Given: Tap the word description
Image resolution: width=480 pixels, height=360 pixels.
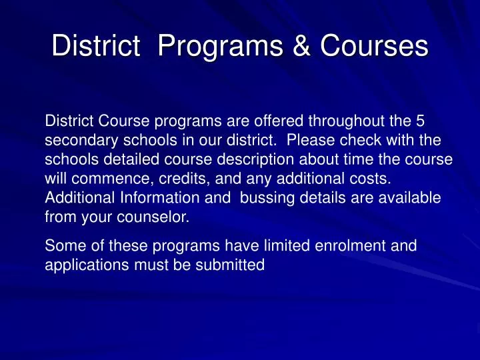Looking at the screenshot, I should tap(251, 161).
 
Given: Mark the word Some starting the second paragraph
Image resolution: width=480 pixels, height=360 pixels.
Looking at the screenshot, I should tap(61, 247).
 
